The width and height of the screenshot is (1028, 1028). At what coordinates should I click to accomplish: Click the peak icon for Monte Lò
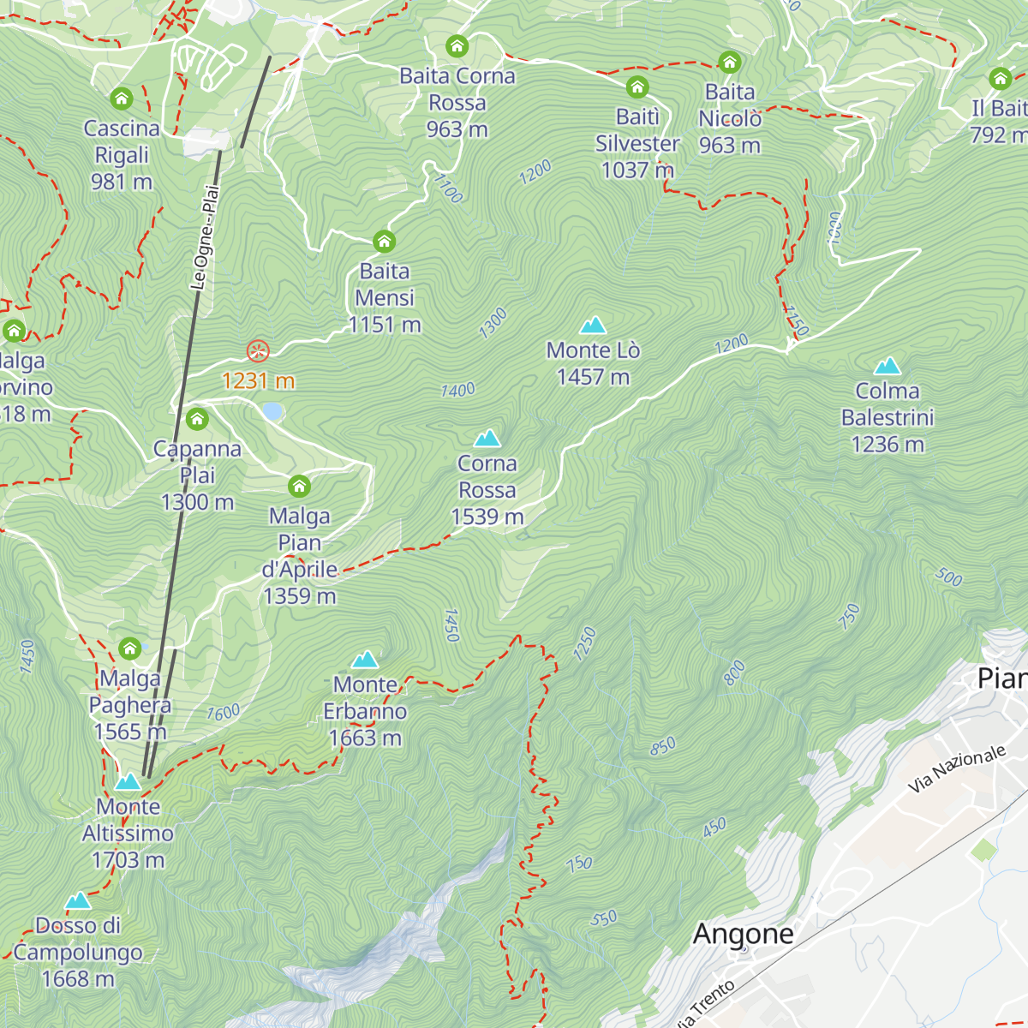[593, 326]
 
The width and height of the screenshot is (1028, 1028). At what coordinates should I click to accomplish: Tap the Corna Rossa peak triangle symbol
[487, 439]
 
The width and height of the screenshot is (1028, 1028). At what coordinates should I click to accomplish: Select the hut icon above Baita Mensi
[385, 242]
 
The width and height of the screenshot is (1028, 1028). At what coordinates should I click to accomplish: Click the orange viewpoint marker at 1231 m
[258, 351]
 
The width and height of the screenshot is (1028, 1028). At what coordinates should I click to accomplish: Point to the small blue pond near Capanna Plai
[272, 412]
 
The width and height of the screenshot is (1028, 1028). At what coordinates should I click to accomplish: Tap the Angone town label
[743, 934]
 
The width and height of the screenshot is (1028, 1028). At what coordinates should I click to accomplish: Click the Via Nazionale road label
[957, 768]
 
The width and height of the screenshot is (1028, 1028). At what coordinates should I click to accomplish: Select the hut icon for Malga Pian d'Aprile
[299, 487]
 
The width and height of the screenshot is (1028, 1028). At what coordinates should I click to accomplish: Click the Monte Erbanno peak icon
[366, 660]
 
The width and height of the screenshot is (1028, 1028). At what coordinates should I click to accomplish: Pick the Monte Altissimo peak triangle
[128, 781]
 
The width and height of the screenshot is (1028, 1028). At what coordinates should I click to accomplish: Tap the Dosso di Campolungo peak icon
[78, 900]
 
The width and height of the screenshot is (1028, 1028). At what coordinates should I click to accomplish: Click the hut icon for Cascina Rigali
[122, 99]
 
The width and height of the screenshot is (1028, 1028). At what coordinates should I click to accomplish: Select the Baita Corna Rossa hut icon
[457, 46]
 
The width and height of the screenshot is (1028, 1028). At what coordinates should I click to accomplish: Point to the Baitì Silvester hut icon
[637, 87]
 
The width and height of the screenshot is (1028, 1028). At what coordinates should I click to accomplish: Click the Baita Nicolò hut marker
[730, 63]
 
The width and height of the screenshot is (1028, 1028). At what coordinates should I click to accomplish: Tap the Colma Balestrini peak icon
[888, 367]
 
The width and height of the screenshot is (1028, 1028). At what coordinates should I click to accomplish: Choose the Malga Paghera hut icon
[130, 648]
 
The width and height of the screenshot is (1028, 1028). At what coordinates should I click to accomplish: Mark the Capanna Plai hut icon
[197, 419]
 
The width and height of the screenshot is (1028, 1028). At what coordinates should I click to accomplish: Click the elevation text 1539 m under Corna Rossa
[487, 517]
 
